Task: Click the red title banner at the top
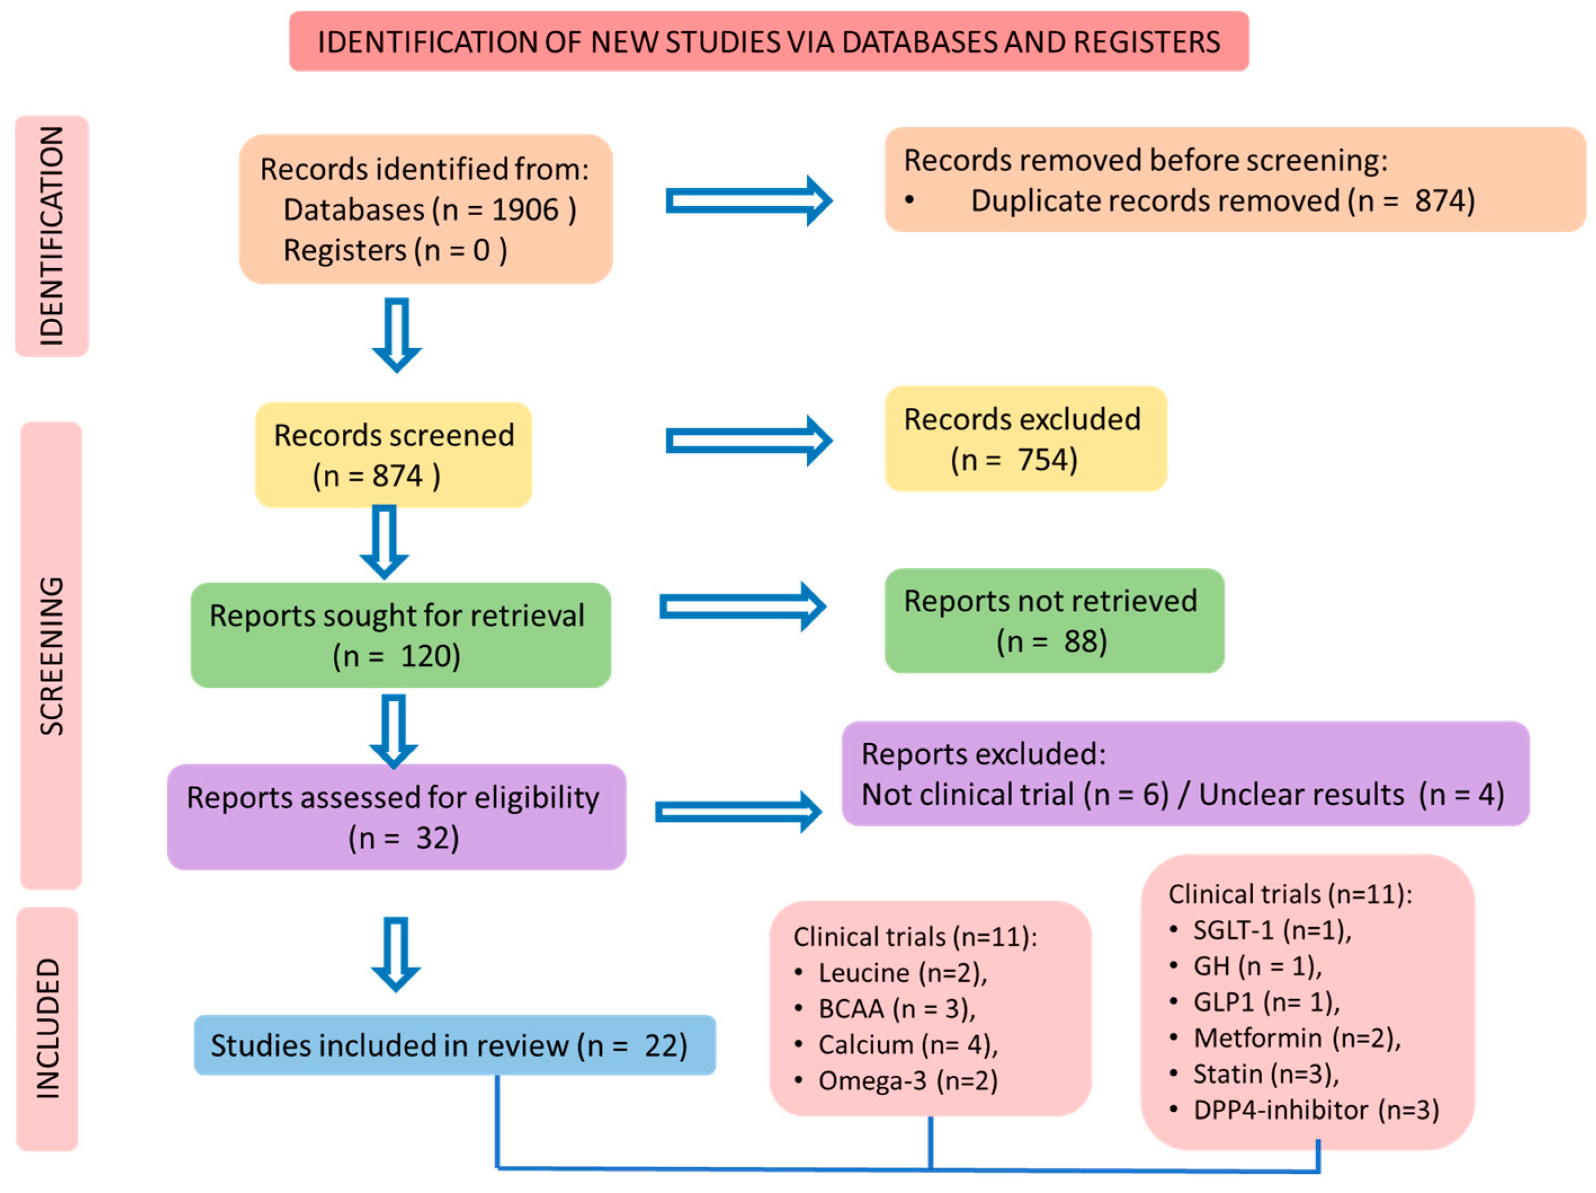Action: pyautogui.click(x=768, y=41)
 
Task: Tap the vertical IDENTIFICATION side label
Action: pyautogui.click(x=52, y=236)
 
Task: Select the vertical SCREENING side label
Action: pyautogui.click(x=51, y=655)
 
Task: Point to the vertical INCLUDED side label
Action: pyautogui.click(x=48, y=1029)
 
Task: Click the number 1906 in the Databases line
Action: pyautogui.click(x=525, y=210)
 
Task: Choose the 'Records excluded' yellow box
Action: pyautogui.click(x=1025, y=439)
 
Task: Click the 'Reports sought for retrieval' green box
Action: pyautogui.click(x=400, y=635)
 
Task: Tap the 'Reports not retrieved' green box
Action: pyautogui.click(x=1054, y=621)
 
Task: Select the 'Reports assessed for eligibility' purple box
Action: pyautogui.click(x=396, y=817)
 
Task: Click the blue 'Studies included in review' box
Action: pyautogui.click(x=454, y=1045)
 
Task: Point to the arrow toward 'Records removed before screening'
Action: pyautogui.click(x=749, y=201)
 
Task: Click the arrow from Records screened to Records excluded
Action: pyautogui.click(x=749, y=440)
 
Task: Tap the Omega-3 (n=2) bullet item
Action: pyautogui.click(x=896, y=1080)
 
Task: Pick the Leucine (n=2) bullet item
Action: pyautogui.click(x=891, y=973)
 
